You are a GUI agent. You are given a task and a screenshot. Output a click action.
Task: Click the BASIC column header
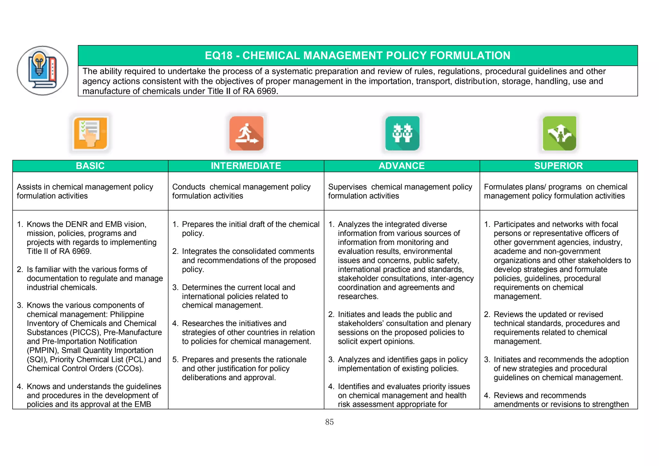coord(90,166)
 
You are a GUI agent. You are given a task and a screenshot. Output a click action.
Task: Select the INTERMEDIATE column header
coord(246,166)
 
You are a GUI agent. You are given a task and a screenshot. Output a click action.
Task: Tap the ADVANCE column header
coord(402,166)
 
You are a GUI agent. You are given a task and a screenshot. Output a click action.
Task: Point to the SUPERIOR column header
coord(558,166)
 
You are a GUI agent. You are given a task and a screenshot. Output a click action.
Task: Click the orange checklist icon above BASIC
coord(90,133)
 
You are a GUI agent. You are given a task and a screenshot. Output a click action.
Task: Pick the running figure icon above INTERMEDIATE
coord(246,133)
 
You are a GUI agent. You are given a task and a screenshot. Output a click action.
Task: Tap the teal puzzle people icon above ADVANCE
coord(402,133)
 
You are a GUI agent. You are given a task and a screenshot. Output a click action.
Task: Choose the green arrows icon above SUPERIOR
coord(559,133)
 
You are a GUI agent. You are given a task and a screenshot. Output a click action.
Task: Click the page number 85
coord(329,422)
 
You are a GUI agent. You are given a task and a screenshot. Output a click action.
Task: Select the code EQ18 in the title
coord(218,55)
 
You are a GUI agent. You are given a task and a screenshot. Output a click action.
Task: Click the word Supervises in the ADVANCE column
coord(347,187)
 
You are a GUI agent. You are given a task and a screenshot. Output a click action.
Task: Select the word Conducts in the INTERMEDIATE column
coord(189,187)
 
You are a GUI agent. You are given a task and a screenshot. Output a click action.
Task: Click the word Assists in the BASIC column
coord(29,187)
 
